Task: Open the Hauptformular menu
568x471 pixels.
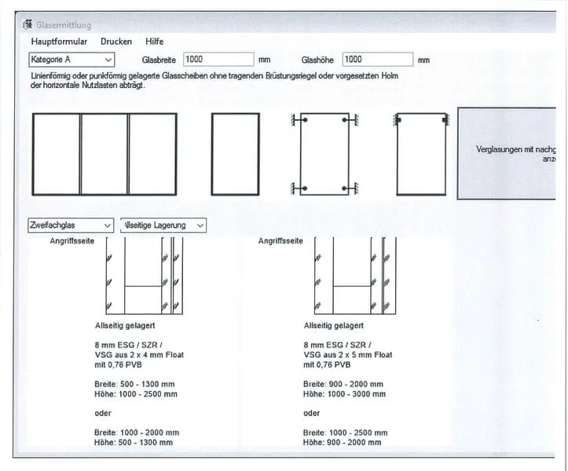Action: [x=59, y=42]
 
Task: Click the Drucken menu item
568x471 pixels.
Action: [x=116, y=42]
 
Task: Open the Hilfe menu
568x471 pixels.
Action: [x=155, y=42]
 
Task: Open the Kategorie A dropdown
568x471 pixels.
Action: [x=71, y=60]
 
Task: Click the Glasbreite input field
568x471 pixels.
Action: [x=218, y=60]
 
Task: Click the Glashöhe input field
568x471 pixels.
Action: [x=377, y=60]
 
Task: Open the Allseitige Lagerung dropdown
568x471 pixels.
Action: [x=163, y=225]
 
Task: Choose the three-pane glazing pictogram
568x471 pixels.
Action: [x=104, y=154]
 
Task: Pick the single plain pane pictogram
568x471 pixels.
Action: [x=235, y=154]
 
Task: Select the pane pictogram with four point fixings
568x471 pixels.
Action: [x=324, y=154]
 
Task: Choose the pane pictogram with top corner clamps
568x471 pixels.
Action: [x=421, y=154]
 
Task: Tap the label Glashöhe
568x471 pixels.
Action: [x=318, y=60]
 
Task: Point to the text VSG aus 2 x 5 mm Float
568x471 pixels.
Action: [x=347, y=355]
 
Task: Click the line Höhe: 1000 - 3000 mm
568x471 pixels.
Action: [x=344, y=394]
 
